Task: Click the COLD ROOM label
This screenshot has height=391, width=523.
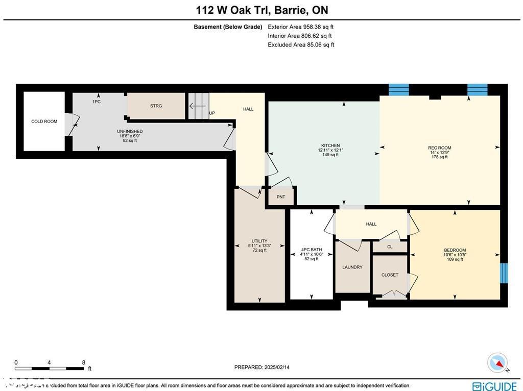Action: point(44,121)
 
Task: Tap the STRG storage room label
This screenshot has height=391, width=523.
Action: point(156,106)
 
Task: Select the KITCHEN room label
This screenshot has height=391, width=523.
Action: point(330,145)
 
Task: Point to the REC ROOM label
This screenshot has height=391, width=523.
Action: point(439,148)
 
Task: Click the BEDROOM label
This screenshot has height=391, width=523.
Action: point(455,250)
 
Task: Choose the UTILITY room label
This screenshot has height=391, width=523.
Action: point(259,241)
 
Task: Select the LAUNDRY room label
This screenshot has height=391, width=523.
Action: point(352,267)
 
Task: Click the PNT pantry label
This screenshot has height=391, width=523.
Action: point(280,197)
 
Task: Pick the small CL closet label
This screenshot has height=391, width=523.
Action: point(390,247)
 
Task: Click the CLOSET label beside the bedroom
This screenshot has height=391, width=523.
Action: point(390,275)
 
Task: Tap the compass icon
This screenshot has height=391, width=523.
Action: point(497,362)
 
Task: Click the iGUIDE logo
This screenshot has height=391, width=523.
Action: point(494,386)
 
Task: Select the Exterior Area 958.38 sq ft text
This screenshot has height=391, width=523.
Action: point(300,27)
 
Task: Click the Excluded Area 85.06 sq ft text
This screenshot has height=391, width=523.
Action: point(301,45)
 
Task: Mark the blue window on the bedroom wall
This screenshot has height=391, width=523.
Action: point(504,273)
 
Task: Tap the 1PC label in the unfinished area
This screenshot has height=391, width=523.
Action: point(96,102)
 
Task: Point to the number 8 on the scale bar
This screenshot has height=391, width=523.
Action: point(83,362)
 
